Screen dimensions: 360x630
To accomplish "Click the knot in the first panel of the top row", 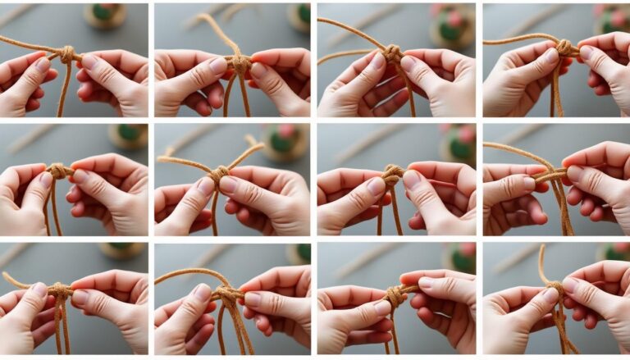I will [x=68, y=55].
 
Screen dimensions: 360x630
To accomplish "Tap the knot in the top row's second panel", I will [x=239, y=63].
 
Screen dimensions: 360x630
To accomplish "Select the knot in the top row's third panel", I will [x=393, y=54].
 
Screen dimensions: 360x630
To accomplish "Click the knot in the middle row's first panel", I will [x=58, y=171].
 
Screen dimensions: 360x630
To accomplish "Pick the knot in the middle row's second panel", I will [x=218, y=174].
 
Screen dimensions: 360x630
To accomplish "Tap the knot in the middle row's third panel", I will [x=393, y=175].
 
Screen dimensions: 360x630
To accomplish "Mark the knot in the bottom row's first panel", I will [x=60, y=290].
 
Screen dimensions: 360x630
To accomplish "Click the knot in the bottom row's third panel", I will [x=396, y=294].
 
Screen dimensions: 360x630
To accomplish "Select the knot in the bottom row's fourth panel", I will [x=555, y=288].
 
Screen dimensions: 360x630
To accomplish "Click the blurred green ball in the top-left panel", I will [x=106, y=14].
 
